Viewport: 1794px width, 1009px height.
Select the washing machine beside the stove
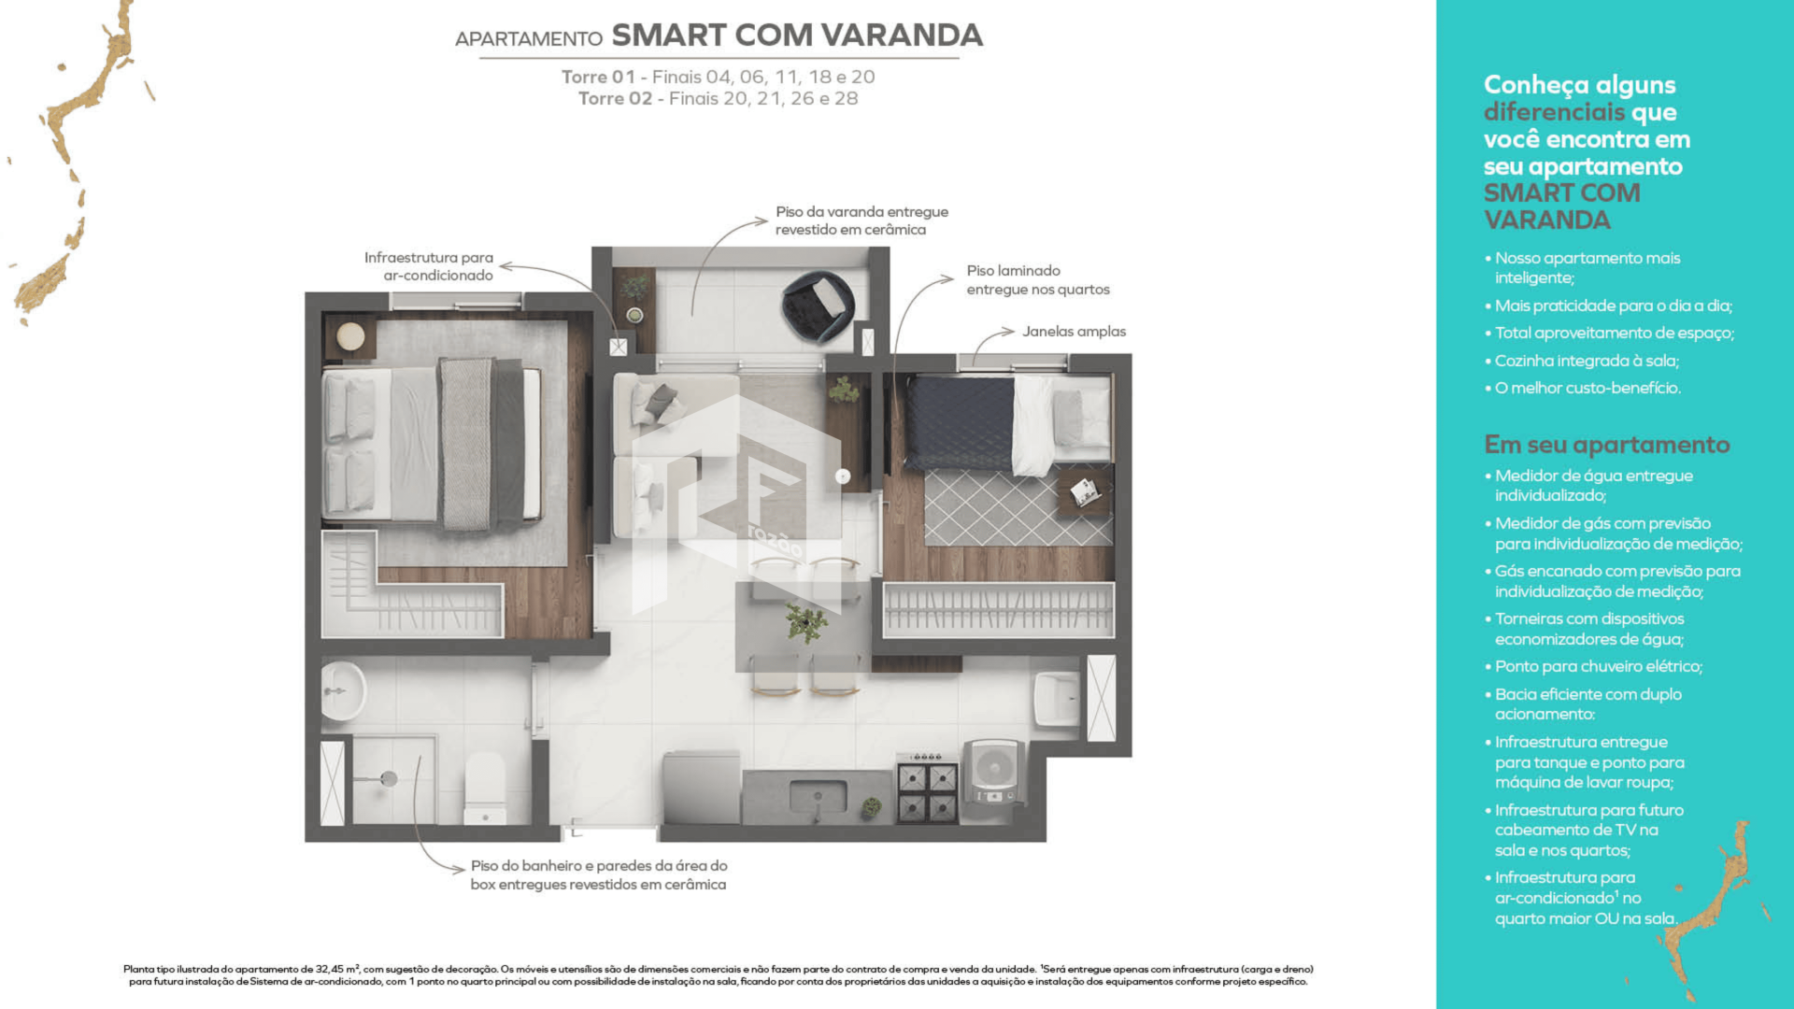(x=994, y=775)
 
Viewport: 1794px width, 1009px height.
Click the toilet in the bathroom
(x=485, y=789)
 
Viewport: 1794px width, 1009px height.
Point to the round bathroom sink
(x=342, y=691)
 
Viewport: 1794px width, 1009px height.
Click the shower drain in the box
(x=389, y=778)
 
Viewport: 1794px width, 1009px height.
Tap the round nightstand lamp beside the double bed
(x=350, y=336)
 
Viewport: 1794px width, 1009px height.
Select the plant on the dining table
(x=804, y=621)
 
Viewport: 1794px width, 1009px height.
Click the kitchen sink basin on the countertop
(x=818, y=797)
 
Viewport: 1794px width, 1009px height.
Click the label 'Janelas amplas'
(x=1074, y=332)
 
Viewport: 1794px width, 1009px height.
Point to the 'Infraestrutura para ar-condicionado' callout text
(x=429, y=266)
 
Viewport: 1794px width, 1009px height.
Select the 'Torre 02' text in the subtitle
(x=614, y=99)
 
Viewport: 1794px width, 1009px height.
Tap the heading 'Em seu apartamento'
(x=1606, y=445)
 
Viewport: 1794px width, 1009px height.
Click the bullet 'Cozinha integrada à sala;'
(x=1586, y=361)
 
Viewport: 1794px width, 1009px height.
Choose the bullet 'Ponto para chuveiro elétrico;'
(x=1598, y=666)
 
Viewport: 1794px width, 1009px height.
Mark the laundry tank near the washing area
(x=1057, y=698)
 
